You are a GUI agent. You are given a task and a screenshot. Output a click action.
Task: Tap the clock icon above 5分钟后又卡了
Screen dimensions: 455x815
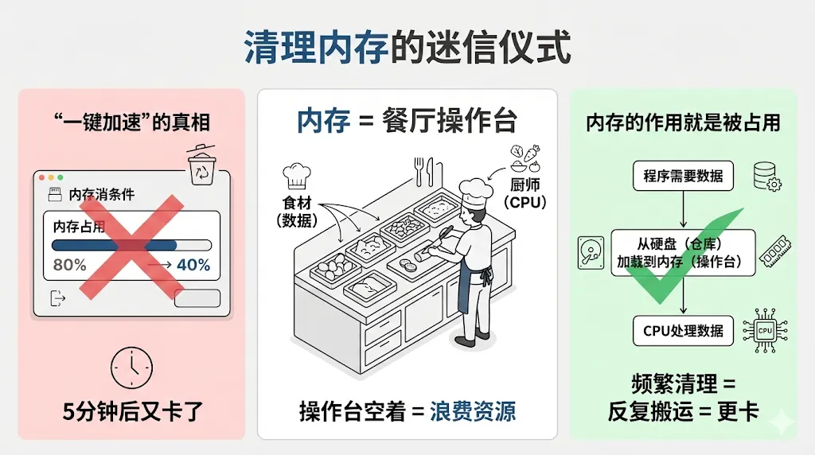click(x=131, y=367)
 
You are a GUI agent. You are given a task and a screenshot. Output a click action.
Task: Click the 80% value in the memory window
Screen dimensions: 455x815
click(x=69, y=265)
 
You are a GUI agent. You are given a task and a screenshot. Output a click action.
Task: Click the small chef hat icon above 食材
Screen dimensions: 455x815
click(x=297, y=174)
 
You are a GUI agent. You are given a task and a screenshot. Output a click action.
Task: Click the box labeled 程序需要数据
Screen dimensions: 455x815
click(x=683, y=177)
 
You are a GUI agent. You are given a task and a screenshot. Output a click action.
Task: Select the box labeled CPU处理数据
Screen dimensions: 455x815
click(x=683, y=330)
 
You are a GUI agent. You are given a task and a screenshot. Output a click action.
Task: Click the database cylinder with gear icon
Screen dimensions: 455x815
click(x=766, y=176)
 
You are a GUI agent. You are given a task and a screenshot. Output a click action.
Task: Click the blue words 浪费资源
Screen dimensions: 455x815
click(x=473, y=410)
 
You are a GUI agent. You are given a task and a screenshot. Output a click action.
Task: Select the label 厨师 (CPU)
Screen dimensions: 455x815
click(x=524, y=192)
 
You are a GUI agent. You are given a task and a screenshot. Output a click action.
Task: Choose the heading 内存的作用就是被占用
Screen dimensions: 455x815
click(x=683, y=123)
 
